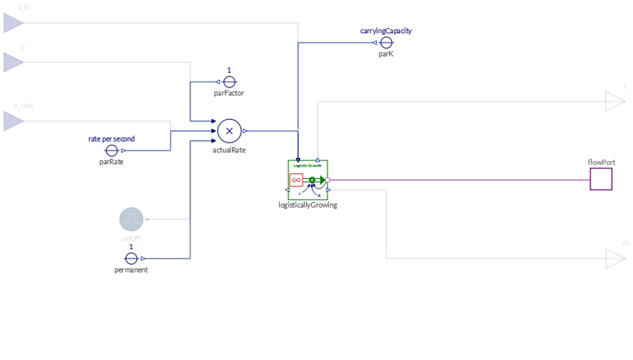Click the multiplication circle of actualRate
click(x=229, y=131)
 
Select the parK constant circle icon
click(x=386, y=43)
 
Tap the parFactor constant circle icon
click(x=229, y=81)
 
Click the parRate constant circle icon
click(x=111, y=150)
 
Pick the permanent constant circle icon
click(x=131, y=259)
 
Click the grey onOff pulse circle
click(x=132, y=220)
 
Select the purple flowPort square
click(x=600, y=180)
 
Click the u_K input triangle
click(x=13, y=23)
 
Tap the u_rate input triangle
click(x=13, y=121)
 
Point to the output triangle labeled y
click(x=614, y=101)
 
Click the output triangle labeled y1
click(x=614, y=259)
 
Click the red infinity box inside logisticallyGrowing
click(x=296, y=180)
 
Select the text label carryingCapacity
click(x=385, y=31)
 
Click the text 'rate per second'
click(x=111, y=139)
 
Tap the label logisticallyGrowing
click(x=308, y=205)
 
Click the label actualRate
click(x=229, y=149)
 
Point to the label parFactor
click(x=229, y=94)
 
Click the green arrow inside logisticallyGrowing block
click(x=319, y=180)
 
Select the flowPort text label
click(x=600, y=163)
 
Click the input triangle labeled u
click(x=13, y=61)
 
